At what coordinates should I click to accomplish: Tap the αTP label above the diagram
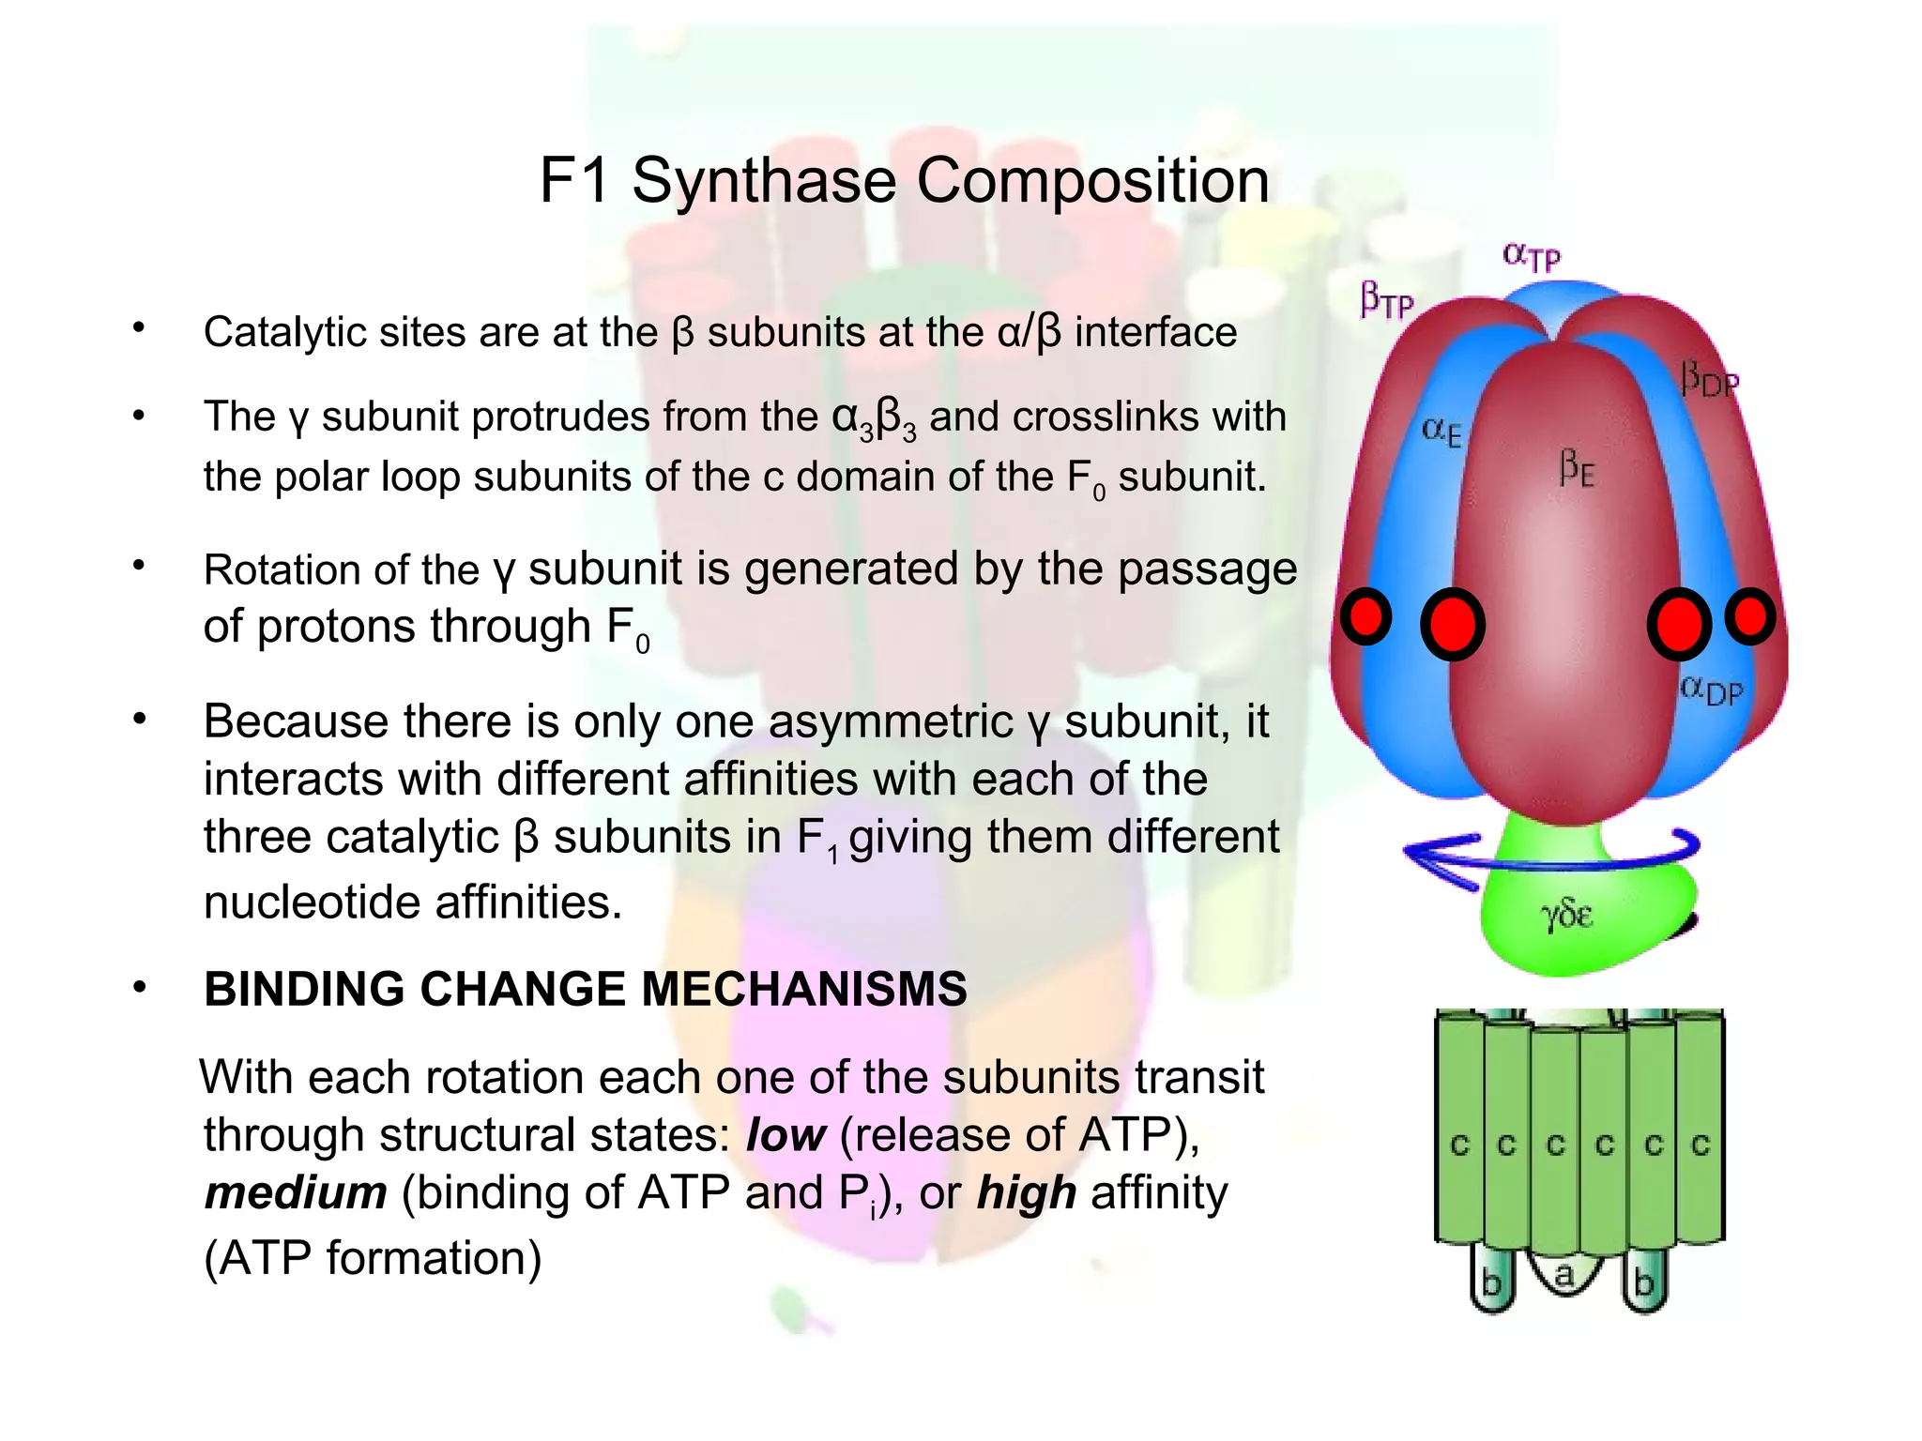tap(1532, 255)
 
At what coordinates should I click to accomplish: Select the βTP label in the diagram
tap(1386, 300)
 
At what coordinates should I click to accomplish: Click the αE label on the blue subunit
tap(1441, 432)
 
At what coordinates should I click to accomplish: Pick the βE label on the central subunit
tap(1577, 466)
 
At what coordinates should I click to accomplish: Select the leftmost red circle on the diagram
tap(1365, 616)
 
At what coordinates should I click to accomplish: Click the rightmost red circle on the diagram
tap(1750, 616)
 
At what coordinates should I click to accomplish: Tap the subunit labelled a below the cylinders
tap(1564, 1274)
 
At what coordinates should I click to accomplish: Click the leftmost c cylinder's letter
tap(1459, 1145)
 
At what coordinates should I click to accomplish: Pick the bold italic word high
tap(1026, 1193)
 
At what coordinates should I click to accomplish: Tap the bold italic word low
tap(786, 1135)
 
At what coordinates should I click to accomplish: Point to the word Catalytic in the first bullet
tap(282, 332)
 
